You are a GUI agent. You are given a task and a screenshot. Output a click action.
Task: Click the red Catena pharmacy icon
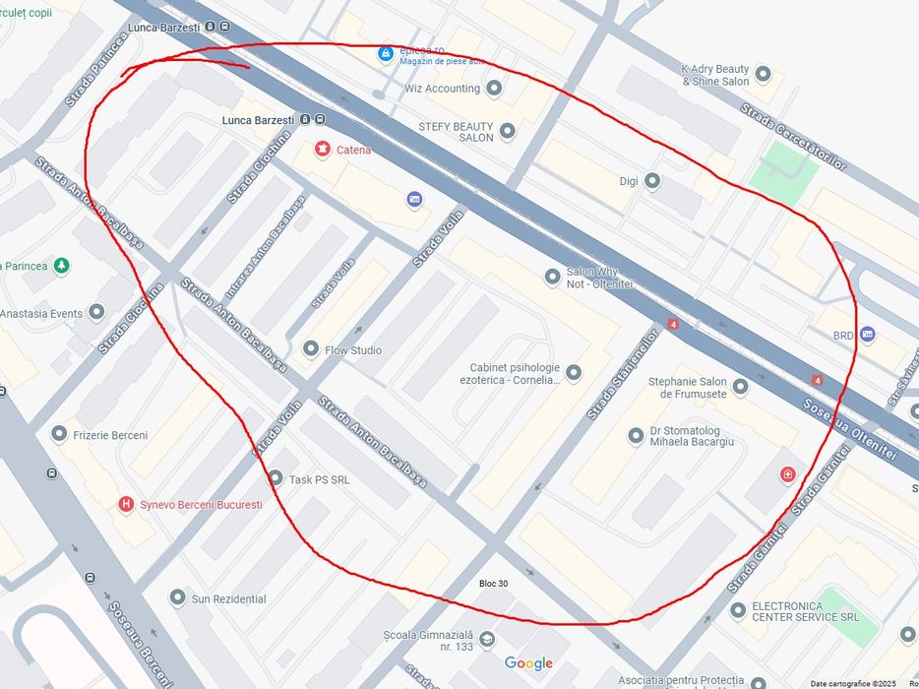click(322, 150)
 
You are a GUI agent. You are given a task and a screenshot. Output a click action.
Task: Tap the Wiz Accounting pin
click(494, 89)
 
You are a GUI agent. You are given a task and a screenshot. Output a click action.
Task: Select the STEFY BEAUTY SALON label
click(456, 132)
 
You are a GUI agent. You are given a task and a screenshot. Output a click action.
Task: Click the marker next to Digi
click(651, 181)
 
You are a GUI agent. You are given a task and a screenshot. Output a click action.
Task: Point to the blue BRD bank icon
click(867, 335)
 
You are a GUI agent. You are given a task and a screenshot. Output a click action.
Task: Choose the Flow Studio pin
click(311, 349)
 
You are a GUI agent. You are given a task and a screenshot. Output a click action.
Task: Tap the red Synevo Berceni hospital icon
click(125, 504)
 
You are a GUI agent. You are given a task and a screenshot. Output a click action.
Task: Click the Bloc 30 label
click(494, 584)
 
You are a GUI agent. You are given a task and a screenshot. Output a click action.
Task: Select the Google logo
click(528, 663)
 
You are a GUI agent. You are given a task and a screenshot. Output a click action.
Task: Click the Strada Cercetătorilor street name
click(793, 136)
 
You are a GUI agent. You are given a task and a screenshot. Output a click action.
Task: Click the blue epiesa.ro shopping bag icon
click(388, 52)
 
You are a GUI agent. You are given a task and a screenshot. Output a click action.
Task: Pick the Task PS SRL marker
click(276, 478)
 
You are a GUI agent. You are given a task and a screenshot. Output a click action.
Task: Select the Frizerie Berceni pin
click(60, 434)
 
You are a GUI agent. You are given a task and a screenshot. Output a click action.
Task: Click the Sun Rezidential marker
click(177, 597)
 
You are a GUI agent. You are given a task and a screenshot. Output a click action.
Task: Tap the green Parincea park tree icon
click(62, 266)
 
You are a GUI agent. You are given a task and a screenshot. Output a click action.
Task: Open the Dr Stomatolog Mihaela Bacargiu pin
click(636, 435)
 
